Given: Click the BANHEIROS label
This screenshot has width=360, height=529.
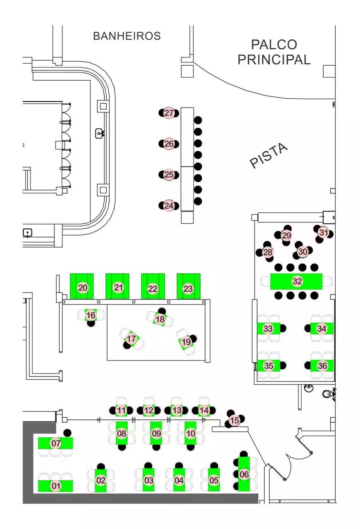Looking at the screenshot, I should (x=126, y=36).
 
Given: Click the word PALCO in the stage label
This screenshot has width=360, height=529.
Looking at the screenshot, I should (x=274, y=45).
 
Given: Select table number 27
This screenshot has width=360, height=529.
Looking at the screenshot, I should (x=169, y=113).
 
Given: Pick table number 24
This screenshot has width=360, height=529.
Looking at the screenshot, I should (x=169, y=205).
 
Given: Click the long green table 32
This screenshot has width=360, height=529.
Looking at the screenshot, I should (x=297, y=281).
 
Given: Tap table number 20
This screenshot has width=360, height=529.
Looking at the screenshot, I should (x=83, y=288).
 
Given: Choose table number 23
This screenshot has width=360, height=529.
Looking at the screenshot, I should (x=188, y=288).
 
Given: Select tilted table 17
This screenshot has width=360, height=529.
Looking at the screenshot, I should (x=131, y=339).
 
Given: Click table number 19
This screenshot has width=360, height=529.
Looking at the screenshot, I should (x=186, y=342).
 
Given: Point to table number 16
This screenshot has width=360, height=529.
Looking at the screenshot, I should (x=91, y=316).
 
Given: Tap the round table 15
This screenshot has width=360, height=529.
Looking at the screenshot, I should (x=234, y=420).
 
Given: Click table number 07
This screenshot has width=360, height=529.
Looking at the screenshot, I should (x=56, y=443).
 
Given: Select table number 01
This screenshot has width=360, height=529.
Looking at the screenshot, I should (x=55, y=486).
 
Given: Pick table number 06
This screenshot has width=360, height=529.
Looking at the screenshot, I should (x=244, y=474).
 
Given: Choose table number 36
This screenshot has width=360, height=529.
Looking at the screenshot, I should (x=322, y=366).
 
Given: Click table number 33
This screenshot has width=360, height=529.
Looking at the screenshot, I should (x=268, y=329).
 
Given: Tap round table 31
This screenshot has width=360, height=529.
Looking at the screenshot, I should (x=323, y=233).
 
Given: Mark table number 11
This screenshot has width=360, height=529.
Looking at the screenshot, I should (x=121, y=411).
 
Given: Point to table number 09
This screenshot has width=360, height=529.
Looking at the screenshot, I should (x=156, y=434).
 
